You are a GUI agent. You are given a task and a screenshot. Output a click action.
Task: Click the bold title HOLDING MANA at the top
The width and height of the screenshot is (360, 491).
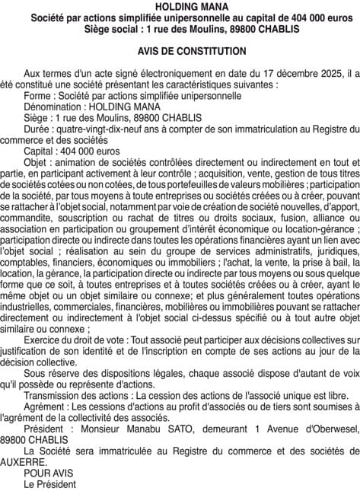click(x=180, y=6)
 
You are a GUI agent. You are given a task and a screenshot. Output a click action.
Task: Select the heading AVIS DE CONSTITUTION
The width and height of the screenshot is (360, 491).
click(x=180, y=51)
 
